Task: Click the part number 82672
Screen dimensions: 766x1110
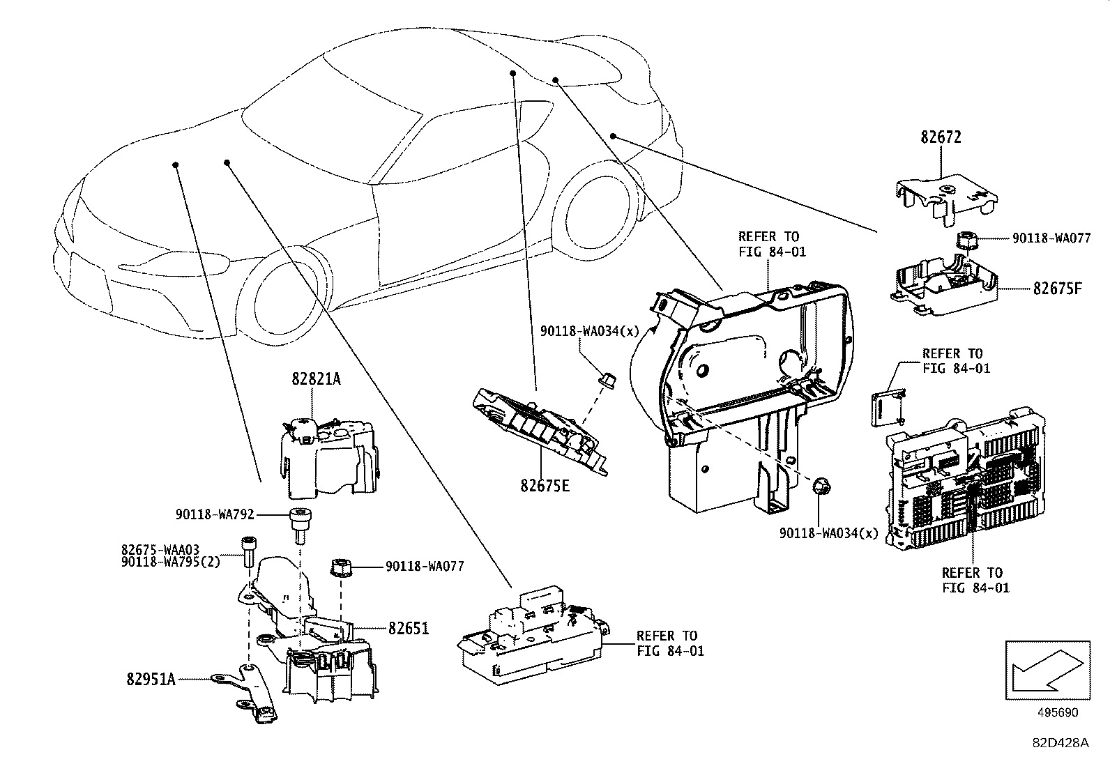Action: [x=941, y=137]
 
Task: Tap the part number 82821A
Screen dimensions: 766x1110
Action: [x=317, y=379]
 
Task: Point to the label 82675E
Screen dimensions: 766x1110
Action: [x=545, y=484]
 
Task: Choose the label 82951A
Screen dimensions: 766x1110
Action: [x=151, y=677]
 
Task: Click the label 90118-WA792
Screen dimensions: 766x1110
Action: [x=214, y=515]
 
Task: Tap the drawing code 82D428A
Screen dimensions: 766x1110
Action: [x=1060, y=743]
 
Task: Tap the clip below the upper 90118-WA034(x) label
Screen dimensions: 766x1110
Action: [x=606, y=381]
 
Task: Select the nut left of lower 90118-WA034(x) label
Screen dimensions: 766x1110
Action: [x=822, y=485]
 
